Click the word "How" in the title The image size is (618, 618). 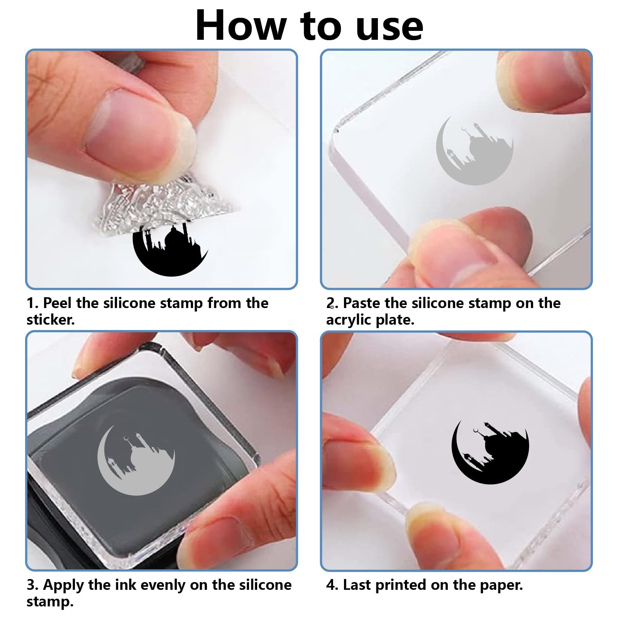(240, 25)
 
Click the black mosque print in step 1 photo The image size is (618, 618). (170, 249)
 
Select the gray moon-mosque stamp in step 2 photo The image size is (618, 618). (474, 151)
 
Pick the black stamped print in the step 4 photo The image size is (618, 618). (490, 452)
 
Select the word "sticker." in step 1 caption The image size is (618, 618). (51, 320)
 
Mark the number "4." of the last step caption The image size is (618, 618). (332, 585)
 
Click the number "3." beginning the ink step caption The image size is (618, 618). (32, 585)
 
